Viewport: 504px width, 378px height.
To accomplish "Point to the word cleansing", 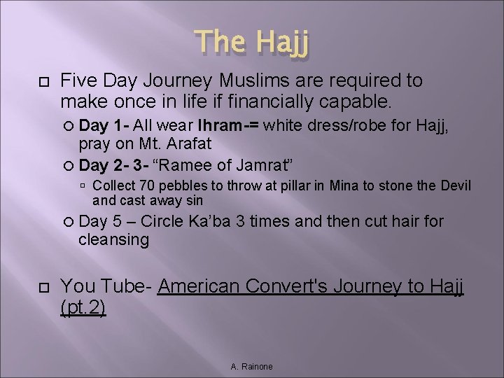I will (113, 240).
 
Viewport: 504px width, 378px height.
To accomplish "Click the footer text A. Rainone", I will (252, 367).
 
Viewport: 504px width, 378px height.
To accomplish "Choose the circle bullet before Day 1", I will (69, 127).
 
